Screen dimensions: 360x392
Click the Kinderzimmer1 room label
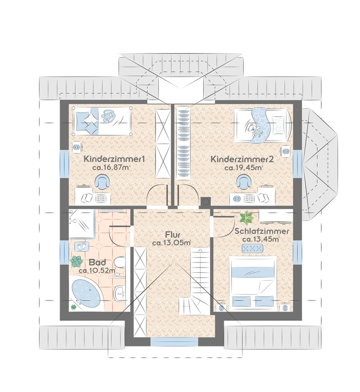coord(114,159)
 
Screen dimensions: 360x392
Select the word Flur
coord(171,234)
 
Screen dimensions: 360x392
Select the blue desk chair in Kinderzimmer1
coord(101,182)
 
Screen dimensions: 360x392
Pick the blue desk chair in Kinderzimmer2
coord(242,182)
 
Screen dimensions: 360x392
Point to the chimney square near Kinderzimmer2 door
coord(206,201)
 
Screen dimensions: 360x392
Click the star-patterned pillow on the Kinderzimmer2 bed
coord(281,123)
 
